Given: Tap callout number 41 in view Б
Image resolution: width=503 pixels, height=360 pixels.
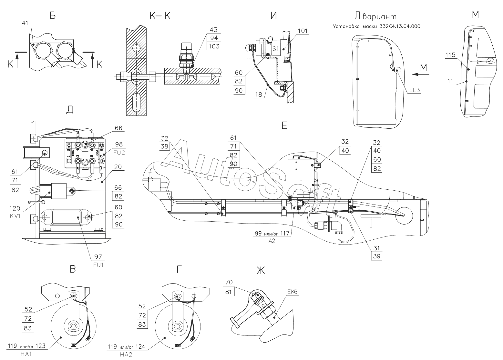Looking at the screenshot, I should click(x=26, y=23).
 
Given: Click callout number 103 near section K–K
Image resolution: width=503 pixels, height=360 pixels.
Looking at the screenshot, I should click(x=214, y=46).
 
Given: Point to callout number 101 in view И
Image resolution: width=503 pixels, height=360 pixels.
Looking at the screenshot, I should click(x=303, y=31).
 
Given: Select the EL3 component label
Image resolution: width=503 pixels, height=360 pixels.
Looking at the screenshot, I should click(x=414, y=90).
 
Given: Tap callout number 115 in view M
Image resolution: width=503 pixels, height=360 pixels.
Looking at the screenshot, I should click(x=450, y=55).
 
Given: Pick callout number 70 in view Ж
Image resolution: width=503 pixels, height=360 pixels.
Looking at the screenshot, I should click(x=229, y=282).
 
